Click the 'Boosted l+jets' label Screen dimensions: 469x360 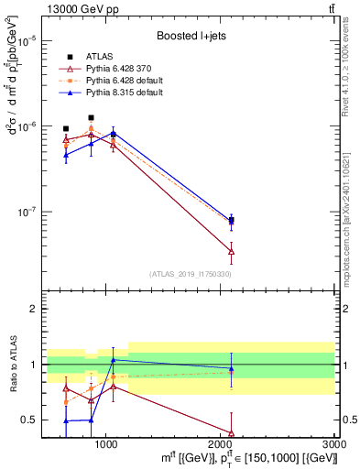pos(191,36)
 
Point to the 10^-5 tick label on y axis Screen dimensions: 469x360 pos(28,41)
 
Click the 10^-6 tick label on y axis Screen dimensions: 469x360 pos(28,126)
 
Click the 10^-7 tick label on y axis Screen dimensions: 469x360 pos(28,212)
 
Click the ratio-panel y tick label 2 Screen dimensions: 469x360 pos(33,309)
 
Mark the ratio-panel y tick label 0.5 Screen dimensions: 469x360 pos(29,420)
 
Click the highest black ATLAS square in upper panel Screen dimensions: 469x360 pos(91,117)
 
